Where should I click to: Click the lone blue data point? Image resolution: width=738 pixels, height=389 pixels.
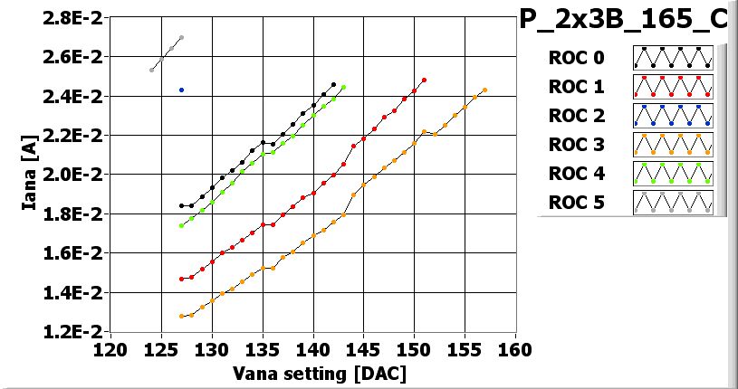pos(182,90)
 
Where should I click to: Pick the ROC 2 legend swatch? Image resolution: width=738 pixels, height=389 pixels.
pos(673,115)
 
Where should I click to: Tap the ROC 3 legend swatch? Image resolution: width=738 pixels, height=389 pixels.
pos(673,144)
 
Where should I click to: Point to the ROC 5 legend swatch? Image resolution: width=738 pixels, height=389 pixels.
pos(673,202)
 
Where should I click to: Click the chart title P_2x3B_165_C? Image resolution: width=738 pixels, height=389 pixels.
pos(624,20)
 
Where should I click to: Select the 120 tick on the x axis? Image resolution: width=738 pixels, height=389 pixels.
pos(110,350)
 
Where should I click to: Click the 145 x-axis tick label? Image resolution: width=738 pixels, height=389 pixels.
pos(363,350)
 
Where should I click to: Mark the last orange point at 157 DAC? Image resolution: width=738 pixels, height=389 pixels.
pos(485,90)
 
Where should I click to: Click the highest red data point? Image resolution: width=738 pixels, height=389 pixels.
pos(424,80)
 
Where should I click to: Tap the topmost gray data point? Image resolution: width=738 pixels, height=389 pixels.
pos(182,38)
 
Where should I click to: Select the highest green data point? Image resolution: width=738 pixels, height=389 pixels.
pos(343,88)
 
